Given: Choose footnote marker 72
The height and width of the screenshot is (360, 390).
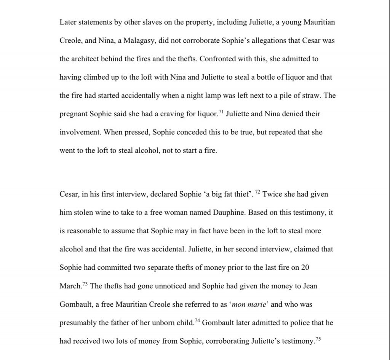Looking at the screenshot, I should (257, 192).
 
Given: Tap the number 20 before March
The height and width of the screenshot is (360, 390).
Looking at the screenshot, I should (305, 267).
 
